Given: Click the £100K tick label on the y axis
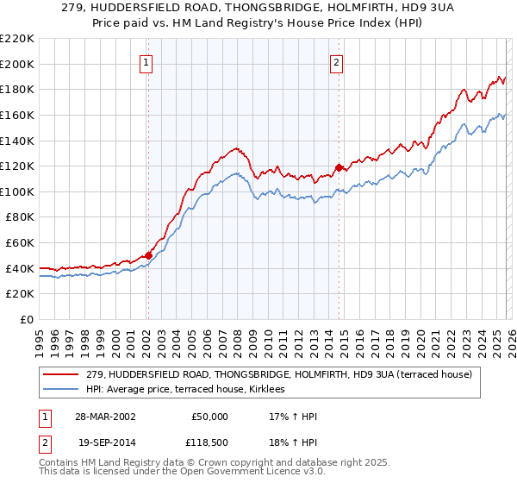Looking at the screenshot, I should pyautogui.click(x=17, y=191).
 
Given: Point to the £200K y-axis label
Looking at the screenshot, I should pyautogui.click(x=17, y=64).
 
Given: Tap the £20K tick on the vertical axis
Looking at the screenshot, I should pyautogui.click(x=20, y=294).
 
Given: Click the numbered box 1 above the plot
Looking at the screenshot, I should pyautogui.click(x=147, y=62).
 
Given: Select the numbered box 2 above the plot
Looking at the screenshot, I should pyautogui.click(x=336, y=62).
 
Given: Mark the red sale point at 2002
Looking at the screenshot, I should pyautogui.click(x=148, y=255).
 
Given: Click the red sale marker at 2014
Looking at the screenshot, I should pyautogui.click(x=339, y=167).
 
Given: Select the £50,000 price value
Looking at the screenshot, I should pyautogui.click(x=209, y=416).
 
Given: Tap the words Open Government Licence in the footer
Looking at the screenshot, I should pyautogui.click(x=242, y=474).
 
